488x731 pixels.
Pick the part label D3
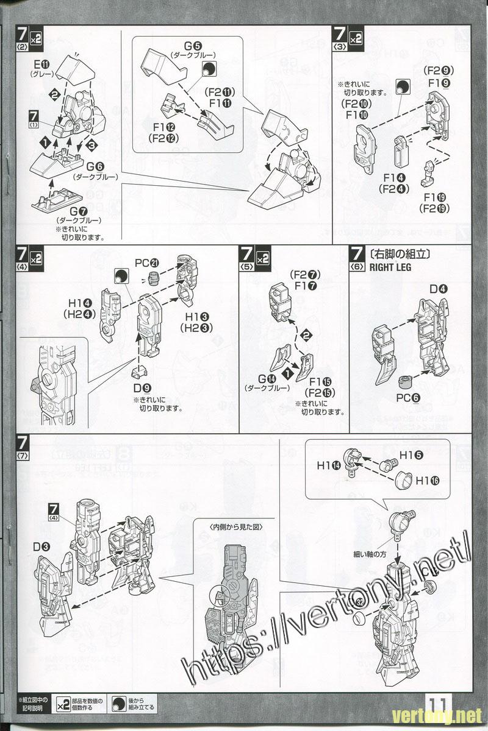(x=41, y=546)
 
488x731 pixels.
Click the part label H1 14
(x=328, y=465)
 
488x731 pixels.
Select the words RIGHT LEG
(x=390, y=267)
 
